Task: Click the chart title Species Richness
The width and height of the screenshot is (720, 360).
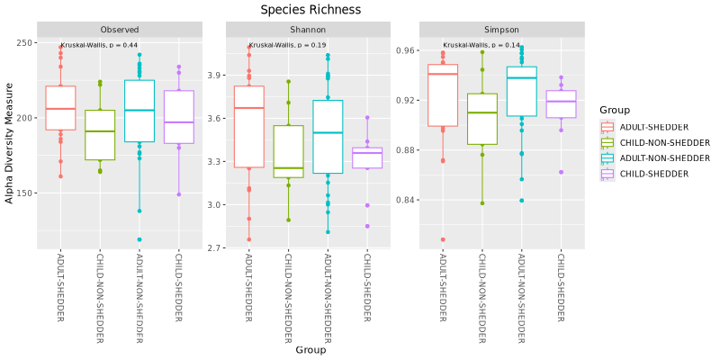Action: [310, 10]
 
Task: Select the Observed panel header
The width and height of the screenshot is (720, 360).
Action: [120, 30]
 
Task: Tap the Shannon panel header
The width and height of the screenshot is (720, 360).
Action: [309, 30]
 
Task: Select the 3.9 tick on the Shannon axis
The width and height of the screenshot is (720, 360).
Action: [212, 76]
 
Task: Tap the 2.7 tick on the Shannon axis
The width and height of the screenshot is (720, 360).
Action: [212, 247]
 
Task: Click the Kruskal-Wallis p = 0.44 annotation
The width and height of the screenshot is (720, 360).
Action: [99, 45]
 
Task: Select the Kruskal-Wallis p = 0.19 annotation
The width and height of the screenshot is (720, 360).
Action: [287, 45]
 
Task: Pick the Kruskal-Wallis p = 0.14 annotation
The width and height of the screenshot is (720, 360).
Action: [481, 45]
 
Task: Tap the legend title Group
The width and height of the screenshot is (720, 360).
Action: [614, 110]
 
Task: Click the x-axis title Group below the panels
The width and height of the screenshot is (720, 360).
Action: [310, 350]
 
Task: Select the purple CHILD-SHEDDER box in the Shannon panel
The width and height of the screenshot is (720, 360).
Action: [367, 158]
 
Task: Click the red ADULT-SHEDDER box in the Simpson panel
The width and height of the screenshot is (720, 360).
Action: [443, 95]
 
